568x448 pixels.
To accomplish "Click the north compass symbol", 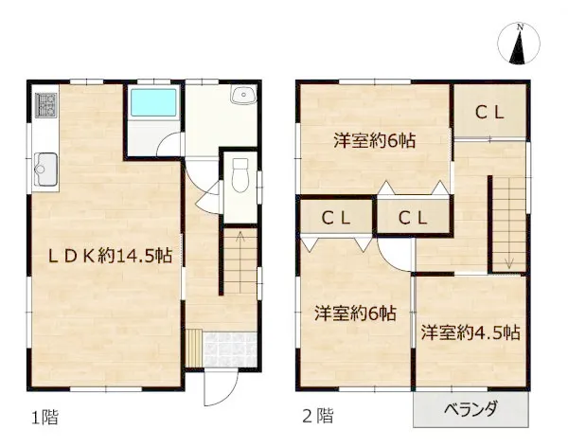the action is (519, 44).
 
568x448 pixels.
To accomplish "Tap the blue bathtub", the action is (153, 102).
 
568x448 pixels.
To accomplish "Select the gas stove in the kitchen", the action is (45, 105).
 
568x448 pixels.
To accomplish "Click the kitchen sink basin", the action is (45, 169).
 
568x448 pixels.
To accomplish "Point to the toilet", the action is (240, 174).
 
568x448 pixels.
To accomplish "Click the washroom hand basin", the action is (243, 96).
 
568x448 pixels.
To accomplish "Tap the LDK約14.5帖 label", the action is (110, 257).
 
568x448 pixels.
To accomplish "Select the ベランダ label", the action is (470, 409).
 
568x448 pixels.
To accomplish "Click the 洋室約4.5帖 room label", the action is (470, 332).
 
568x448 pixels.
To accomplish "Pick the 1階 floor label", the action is (44, 417).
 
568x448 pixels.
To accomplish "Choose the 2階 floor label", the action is (318, 416).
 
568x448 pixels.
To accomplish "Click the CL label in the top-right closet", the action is (489, 113).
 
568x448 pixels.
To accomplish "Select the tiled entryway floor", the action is (230, 349).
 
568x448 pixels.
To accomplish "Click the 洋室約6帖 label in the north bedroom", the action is (375, 140).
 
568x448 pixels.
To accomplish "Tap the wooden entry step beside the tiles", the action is (195, 349).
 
